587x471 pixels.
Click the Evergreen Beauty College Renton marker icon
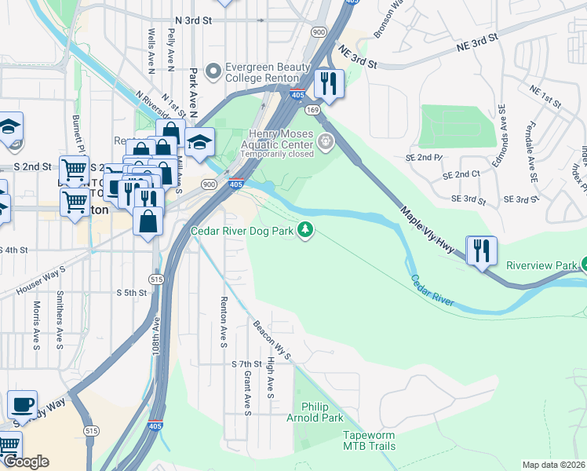(212, 72)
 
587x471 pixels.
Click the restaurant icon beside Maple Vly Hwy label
(480, 250)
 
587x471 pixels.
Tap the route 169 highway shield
(312, 110)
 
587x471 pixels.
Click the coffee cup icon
(22, 404)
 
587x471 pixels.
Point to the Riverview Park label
(541, 265)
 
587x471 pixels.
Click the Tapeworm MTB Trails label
(369, 440)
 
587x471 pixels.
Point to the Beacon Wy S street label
(272, 340)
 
